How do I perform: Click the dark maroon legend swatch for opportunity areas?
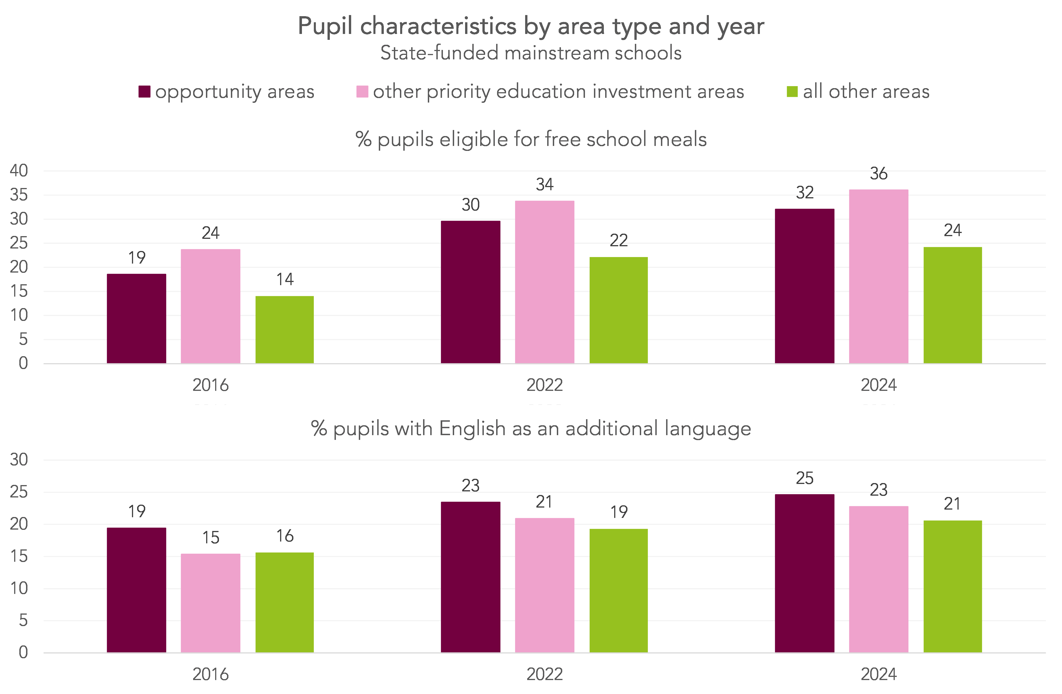[x=144, y=92]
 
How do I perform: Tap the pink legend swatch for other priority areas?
[x=362, y=92]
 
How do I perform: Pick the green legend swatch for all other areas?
[x=792, y=92]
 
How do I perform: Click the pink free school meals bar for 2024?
[x=878, y=277]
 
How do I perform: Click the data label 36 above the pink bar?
[x=878, y=174]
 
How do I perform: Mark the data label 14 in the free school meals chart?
[x=285, y=279]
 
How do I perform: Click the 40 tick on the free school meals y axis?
[x=19, y=170]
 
